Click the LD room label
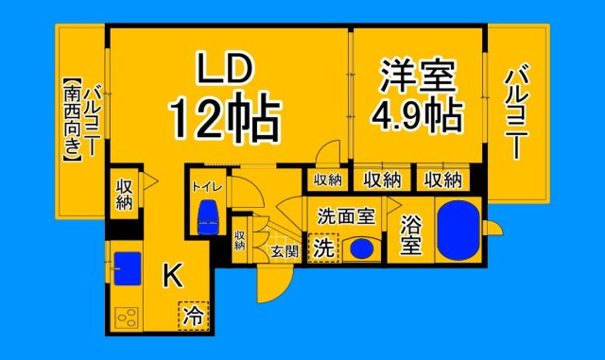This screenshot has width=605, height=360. [x=225, y=70]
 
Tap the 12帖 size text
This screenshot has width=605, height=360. [x=224, y=118]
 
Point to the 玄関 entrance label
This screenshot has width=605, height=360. [x=284, y=251]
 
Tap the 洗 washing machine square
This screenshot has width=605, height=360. [x=323, y=249]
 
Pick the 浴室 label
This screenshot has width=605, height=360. [x=411, y=236]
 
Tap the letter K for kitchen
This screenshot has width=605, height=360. [x=173, y=275]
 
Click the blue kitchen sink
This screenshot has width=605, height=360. [x=127, y=265]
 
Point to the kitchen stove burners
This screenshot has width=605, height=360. [x=127, y=319]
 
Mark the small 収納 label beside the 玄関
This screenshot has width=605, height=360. [x=239, y=240]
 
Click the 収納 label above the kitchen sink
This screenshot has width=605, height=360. [x=124, y=194]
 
